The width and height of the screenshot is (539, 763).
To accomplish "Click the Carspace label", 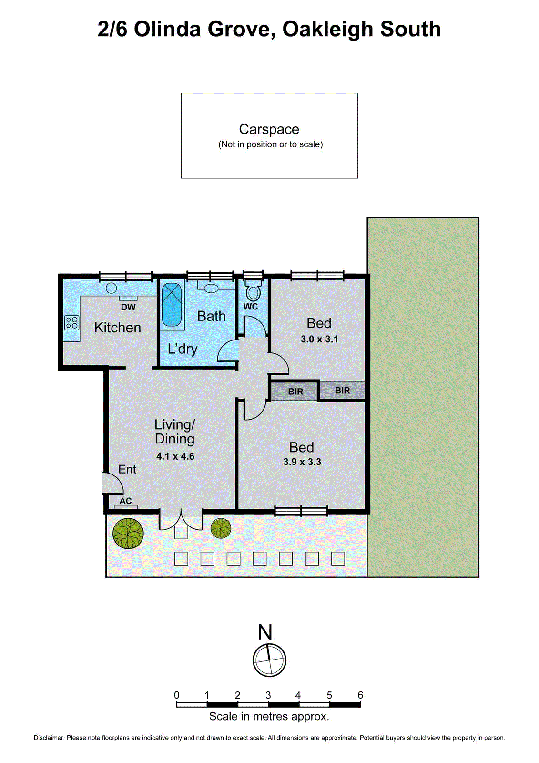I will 269,129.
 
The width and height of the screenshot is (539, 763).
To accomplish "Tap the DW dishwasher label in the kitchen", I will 128,307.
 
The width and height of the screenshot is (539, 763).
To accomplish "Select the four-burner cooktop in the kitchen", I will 72,323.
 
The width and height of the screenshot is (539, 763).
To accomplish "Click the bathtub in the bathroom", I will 172,305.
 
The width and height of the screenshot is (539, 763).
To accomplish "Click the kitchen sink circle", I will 112,288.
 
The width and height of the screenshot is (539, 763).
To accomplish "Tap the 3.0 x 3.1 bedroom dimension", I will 319,340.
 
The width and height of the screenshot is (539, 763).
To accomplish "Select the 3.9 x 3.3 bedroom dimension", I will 302,462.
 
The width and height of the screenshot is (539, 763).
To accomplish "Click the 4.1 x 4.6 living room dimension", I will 175,456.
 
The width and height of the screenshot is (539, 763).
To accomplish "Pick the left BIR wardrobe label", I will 295,392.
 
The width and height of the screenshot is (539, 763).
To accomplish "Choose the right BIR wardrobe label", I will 342,391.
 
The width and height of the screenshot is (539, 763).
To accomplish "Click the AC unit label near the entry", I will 125,501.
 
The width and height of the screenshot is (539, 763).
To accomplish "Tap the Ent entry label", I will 127,470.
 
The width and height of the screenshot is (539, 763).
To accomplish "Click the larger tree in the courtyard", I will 128,533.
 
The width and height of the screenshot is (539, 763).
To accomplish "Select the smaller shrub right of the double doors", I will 221,528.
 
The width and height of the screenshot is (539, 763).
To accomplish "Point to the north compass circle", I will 269,660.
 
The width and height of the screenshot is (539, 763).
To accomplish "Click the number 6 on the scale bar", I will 360,695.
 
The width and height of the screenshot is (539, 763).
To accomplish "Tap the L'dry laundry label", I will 183,349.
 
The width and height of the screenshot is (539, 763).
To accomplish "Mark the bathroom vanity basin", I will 210,288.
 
